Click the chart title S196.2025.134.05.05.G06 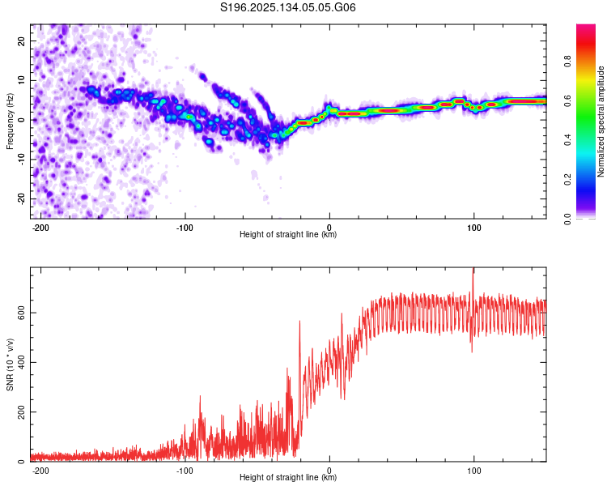click(287, 7)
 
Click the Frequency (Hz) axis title click(10, 122)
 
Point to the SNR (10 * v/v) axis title click(10, 364)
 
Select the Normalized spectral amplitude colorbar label click(601, 122)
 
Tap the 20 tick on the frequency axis click(22, 40)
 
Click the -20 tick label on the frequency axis click(22, 198)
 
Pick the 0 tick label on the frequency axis click(22, 120)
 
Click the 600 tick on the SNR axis click(22, 313)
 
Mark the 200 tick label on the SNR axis click(22, 412)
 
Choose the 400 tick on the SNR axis click(22, 362)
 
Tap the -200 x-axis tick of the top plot click(40, 228)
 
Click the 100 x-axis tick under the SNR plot click(473, 471)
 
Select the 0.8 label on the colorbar click(567, 62)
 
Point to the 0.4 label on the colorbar click(567, 140)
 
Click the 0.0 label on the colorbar click(567, 219)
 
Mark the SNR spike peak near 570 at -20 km click(299, 322)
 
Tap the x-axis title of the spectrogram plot click(288, 234)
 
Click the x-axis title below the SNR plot click(288, 477)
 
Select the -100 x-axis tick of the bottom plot click(185, 471)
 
